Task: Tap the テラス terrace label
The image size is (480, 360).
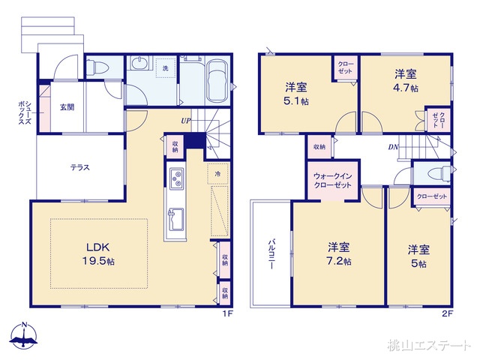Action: (81, 167)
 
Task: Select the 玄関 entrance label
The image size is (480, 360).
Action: (65, 107)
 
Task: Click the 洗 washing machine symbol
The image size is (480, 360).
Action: (165, 68)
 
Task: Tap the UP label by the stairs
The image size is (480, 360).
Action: (184, 120)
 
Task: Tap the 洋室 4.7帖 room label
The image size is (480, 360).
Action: (406, 81)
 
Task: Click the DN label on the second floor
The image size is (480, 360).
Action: (393, 147)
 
